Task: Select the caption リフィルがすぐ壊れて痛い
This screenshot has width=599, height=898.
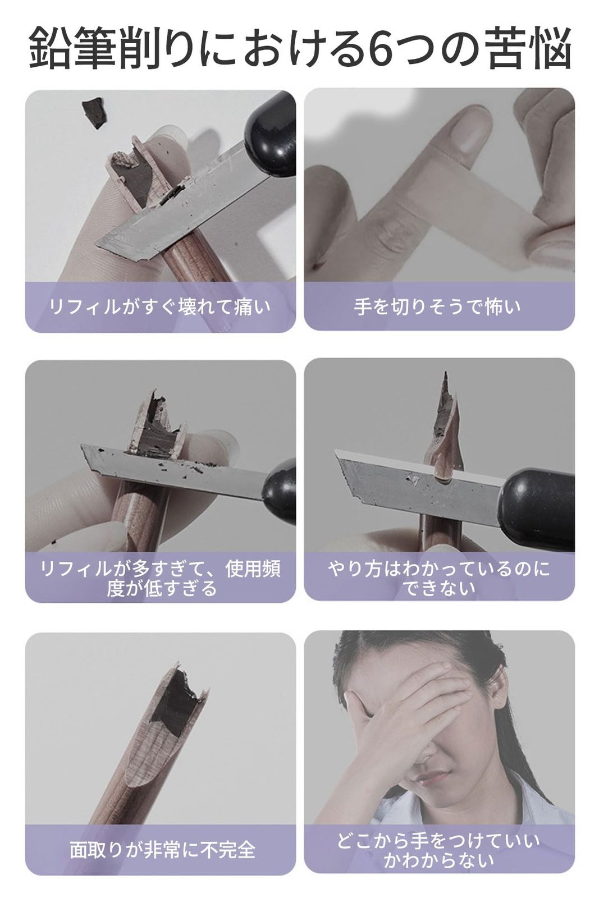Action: point(160,307)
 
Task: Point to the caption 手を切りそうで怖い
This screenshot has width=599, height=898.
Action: point(438,307)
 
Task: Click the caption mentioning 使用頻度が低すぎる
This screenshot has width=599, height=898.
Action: point(160,578)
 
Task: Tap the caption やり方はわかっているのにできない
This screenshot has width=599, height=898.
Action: point(438,578)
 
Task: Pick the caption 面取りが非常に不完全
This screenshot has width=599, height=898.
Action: point(162,850)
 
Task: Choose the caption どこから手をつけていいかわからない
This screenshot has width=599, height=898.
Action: point(438,850)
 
